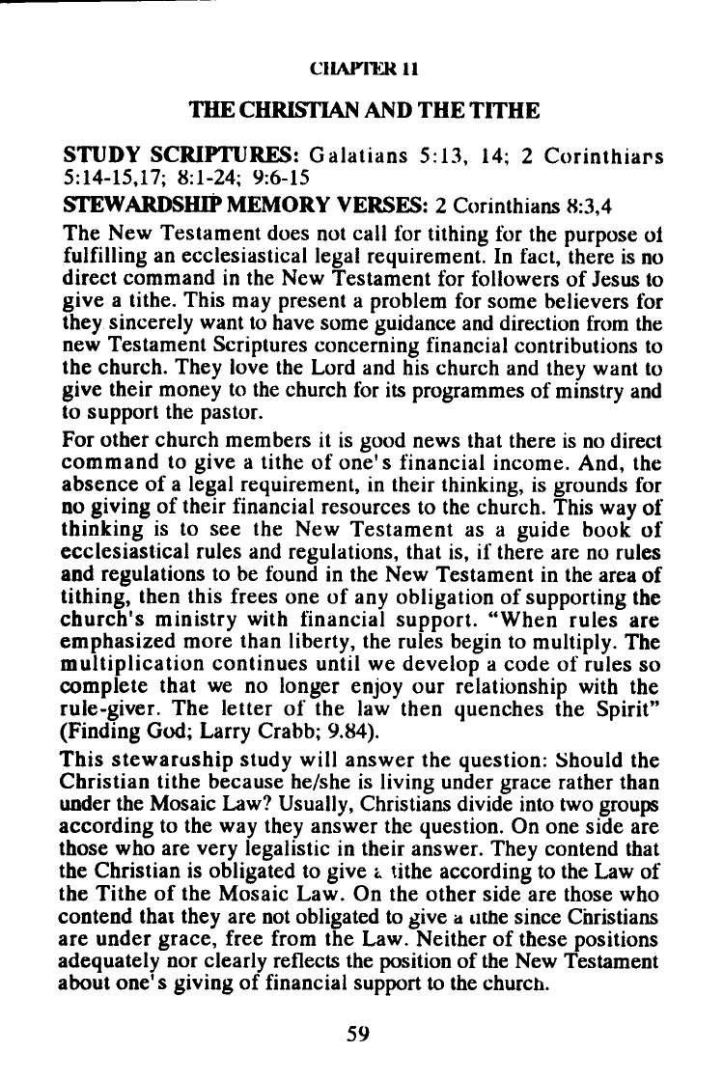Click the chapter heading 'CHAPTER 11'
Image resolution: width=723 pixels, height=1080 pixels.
364,70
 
